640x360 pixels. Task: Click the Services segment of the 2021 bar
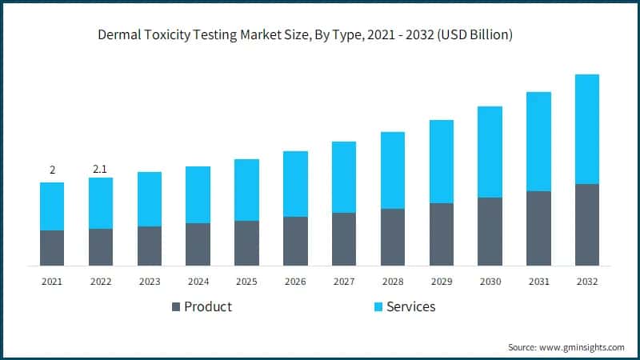(x=52, y=206)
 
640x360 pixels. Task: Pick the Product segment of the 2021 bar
(x=52, y=248)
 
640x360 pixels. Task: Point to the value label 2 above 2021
(x=52, y=170)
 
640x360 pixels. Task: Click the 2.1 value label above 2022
(x=101, y=169)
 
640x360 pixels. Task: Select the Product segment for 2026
(x=295, y=241)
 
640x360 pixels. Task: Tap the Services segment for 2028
(x=393, y=170)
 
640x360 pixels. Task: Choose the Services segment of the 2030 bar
(x=490, y=152)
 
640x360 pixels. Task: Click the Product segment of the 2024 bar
(x=198, y=244)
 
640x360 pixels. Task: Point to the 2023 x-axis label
(x=150, y=282)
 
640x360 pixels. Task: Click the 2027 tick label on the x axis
(x=344, y=282)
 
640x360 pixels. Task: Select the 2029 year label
(x=442, y=282)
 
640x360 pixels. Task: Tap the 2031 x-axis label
(x=538, y=282)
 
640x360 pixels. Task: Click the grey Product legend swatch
(x=174, y=307)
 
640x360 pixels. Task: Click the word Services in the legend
(x=411, y=307)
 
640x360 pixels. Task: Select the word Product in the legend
(x=208, y=307)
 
